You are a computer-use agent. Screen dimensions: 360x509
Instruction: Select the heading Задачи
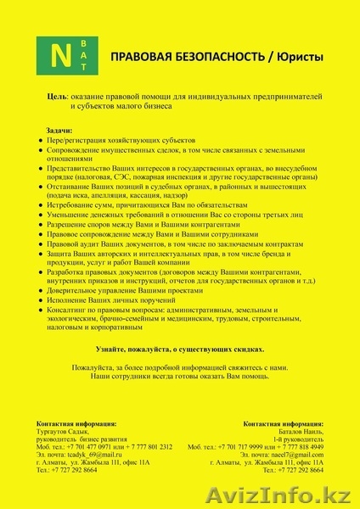click(x=56, y=130)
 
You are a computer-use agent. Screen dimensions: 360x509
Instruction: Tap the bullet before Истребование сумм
click(x=42, y=206)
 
